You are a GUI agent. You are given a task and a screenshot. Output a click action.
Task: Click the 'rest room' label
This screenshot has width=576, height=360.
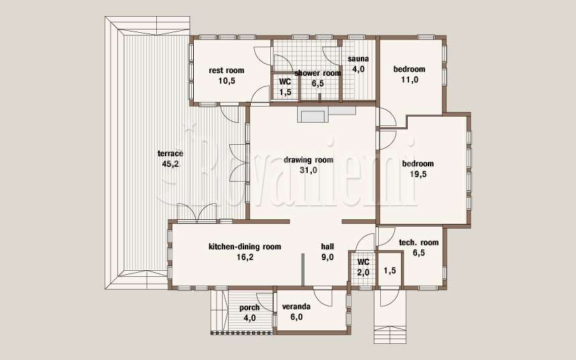226,70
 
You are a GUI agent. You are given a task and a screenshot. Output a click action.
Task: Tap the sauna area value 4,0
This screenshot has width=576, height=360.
358,69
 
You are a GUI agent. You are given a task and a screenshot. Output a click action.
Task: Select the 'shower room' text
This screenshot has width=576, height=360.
318,73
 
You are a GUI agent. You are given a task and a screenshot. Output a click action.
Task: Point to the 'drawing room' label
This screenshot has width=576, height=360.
308,160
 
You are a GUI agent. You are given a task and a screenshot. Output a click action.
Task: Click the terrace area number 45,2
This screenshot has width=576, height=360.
170,164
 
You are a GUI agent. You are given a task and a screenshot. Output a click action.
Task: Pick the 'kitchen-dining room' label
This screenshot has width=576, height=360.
245,247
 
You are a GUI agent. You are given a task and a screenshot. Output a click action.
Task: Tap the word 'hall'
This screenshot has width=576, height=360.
327,247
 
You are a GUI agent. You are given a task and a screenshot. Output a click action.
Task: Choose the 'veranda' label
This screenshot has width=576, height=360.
296,307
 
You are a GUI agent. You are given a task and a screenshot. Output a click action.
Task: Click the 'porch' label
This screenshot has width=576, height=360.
249,308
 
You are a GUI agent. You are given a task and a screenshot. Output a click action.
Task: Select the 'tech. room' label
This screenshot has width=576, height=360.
419,243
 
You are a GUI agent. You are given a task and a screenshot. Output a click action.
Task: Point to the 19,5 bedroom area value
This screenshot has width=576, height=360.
418,174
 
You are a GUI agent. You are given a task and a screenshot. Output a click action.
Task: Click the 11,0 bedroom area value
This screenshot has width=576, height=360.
410,79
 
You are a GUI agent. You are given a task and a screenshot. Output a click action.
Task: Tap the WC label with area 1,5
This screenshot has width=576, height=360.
285,82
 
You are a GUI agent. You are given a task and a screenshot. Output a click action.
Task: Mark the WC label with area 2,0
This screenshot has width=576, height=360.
363,262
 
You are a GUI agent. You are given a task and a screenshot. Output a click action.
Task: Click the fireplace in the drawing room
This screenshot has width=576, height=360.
314,115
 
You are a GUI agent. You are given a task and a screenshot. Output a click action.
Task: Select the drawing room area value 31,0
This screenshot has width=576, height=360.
308,170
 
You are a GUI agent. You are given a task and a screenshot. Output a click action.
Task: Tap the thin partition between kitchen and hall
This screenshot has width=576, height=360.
303,269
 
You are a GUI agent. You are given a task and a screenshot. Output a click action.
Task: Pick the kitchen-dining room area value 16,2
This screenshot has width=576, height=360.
245,257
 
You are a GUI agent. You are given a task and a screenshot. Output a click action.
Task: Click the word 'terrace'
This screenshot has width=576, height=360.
170,154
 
